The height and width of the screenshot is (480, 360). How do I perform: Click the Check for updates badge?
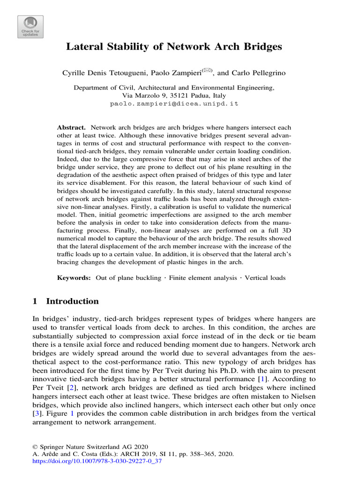click(x=31, y=27)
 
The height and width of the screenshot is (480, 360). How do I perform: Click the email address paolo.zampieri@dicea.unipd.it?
click(x=174, y=104)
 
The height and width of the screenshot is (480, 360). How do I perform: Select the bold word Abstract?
click(x=71, y=127)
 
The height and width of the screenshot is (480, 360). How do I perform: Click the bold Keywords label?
click(x=74, y=278)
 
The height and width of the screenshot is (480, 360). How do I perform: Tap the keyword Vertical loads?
click(x=265, y=278)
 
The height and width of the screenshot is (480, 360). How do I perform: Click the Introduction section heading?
click(x=66, y=301)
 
